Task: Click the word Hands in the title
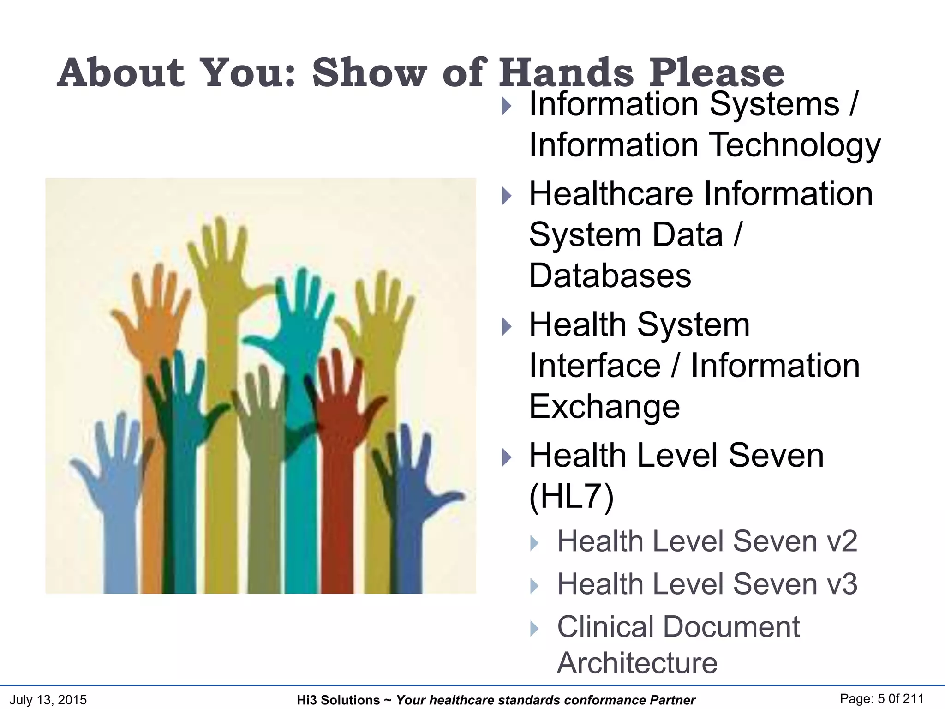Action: pos(567,73)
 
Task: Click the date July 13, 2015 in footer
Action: pos(48,700)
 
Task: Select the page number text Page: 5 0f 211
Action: pos(882,699)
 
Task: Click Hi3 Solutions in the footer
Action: pos(338,700)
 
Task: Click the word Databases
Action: pos(610,276)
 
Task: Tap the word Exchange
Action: pos(604,407)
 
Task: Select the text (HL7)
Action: pos(571,496)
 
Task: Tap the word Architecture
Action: pos(637,663)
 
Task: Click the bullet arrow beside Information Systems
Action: pos(507,107)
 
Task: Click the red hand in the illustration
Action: pos(339,415)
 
